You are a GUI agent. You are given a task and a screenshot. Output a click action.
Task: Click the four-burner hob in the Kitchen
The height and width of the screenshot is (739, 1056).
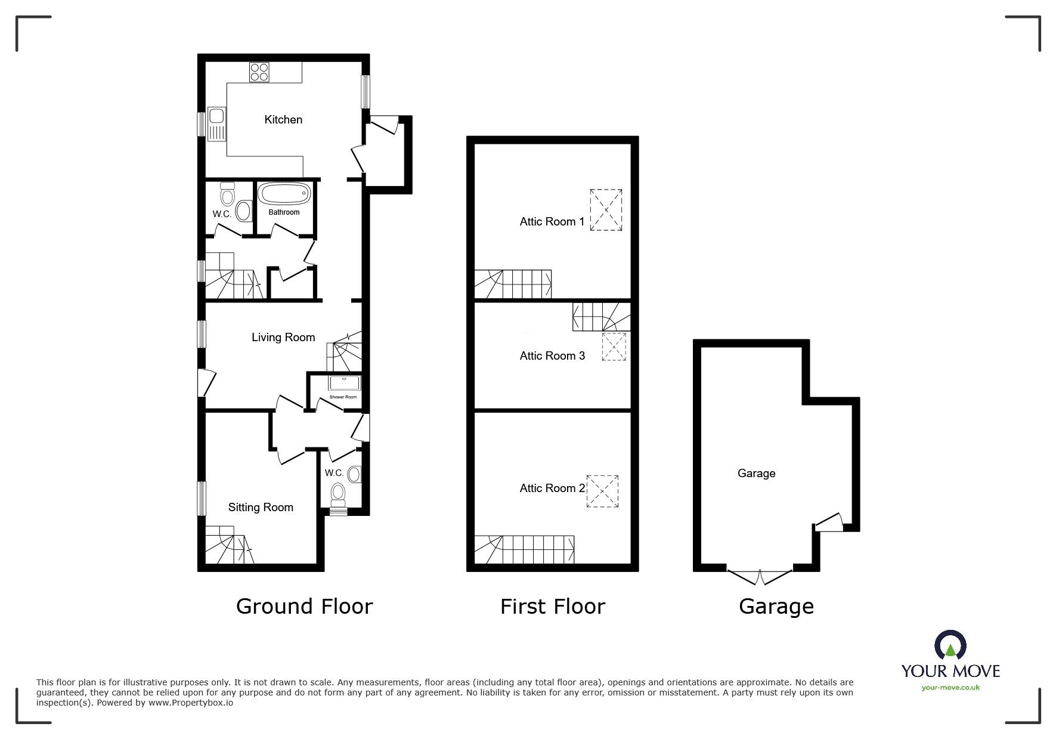pos(259,72)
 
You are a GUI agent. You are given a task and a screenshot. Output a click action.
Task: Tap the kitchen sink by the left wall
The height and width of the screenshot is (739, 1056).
pos(216,123)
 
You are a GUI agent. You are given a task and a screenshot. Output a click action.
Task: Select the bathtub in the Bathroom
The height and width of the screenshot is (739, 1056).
pos(284,194)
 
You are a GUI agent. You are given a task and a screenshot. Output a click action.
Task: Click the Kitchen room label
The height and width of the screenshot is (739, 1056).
pos(283,119)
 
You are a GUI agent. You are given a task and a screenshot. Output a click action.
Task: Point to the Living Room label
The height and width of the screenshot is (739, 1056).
pos(283,338)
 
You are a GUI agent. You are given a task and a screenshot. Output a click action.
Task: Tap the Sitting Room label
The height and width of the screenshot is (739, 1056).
pos(261,508)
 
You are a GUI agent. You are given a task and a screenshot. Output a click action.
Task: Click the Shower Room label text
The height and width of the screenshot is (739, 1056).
pos(343,397)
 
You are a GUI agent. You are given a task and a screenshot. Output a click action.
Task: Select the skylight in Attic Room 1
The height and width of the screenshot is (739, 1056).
pos(606,210)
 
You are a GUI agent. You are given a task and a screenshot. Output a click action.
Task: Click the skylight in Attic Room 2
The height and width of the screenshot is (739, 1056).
pos(602,491)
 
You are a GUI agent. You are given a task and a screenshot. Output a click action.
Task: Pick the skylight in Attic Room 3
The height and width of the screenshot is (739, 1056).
pos(615,347)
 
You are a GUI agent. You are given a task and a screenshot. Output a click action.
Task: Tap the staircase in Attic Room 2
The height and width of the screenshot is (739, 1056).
pos(525,549)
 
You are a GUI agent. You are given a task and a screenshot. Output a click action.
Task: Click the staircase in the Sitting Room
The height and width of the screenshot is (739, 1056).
pos(230,545)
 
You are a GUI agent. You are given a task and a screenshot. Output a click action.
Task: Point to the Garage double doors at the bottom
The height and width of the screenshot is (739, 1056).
pos(760,577)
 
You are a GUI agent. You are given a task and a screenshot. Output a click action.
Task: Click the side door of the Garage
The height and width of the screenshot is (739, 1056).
pos(829,522)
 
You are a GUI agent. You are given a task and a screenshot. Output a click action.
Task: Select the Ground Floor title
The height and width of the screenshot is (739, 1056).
pos(304,607)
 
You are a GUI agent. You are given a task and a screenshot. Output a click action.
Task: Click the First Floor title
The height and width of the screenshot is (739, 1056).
pos(553,607)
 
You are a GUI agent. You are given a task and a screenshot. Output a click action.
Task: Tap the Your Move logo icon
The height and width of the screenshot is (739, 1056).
pos(950,645)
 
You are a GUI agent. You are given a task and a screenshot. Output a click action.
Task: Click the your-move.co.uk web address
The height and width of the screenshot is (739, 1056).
pos(950,688)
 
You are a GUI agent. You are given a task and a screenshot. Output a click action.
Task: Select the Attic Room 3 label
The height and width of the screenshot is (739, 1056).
pos(552,356)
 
